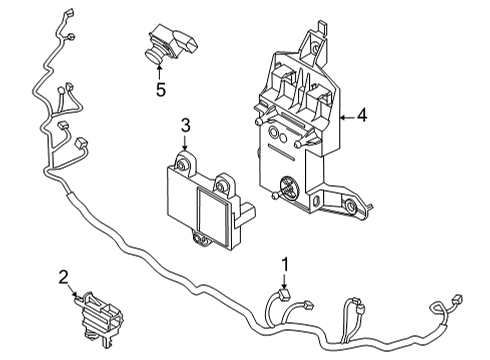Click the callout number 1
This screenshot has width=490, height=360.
tap(286, 264)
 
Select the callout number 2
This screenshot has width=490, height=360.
tap(63, 277)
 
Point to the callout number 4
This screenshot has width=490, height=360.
tap(362, 115)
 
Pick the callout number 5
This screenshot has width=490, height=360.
tap(160, 87)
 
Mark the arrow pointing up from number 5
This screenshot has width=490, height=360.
tap(160, 71)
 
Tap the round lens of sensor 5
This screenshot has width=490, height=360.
tap(155, 55)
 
